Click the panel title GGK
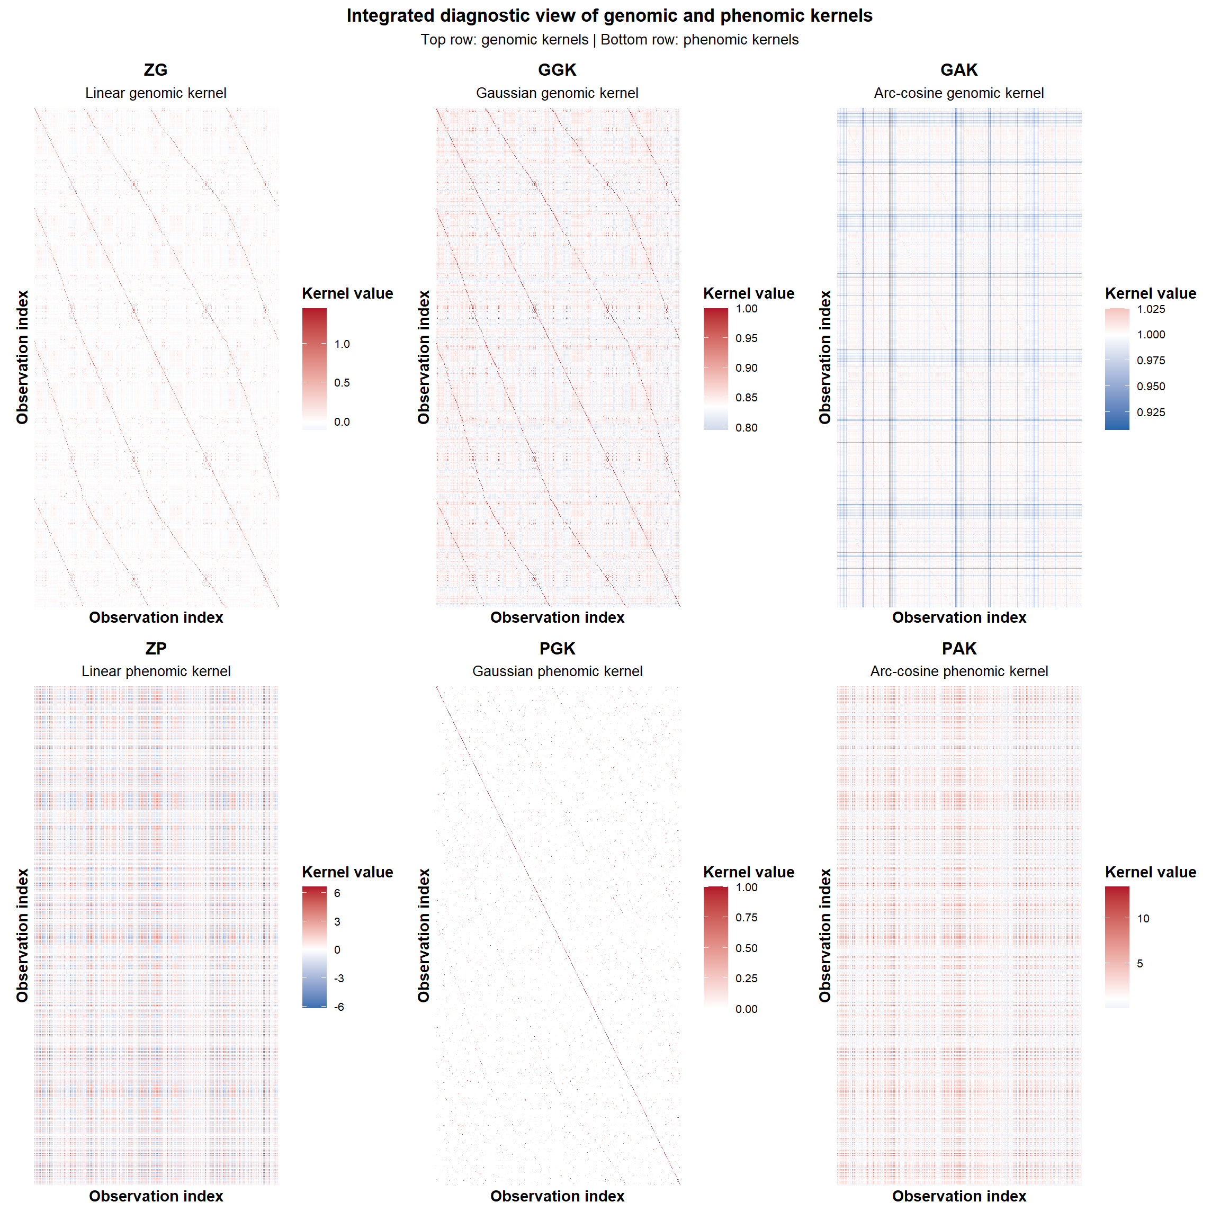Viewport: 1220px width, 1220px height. click(x=557, y=69)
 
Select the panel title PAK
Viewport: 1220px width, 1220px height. click(x=958, y=649)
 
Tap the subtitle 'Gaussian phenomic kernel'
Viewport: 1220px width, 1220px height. click(x=557, y=671)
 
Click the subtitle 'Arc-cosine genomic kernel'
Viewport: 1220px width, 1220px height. click(x=958, y=93)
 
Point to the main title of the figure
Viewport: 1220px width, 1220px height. click(x=609, y=16)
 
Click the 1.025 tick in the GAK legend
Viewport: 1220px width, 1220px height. click(x=1151, y=309)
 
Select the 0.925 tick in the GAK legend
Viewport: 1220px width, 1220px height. click(x=1151, y=412)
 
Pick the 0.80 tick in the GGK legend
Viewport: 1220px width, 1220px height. click(x=747, y=427)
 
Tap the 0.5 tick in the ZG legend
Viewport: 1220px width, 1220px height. click(x=342, y=383)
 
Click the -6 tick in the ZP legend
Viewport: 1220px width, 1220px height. click(x=339, y=1007)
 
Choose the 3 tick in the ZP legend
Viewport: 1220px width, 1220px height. click(x=337, y=921)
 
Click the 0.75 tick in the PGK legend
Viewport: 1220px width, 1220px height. click(x=747, y=918)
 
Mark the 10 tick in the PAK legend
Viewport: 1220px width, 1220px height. click(x=1143, y=919)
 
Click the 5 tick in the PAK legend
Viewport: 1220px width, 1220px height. click(x=1140, y=964)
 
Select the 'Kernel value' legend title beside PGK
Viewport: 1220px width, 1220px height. click(x=748, y=872)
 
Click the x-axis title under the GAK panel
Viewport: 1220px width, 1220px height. click(x=958, y=617)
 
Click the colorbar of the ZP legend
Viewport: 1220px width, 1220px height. click(x=315, y=947)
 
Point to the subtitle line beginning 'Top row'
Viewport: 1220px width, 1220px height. click(x=609, y=40)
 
